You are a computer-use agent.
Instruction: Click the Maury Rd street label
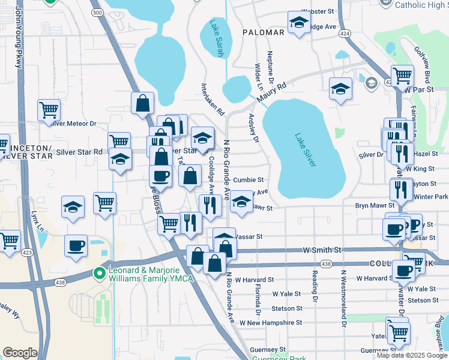click(271, 93)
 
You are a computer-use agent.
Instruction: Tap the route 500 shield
click(97, 12)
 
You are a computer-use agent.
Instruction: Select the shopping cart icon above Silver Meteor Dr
click(49, 110)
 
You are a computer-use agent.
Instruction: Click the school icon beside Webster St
click(298, 23)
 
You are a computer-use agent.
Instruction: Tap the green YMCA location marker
click(100, 273)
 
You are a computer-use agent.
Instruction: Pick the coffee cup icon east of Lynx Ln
click(76, 246)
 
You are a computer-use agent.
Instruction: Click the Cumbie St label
click(249, 179)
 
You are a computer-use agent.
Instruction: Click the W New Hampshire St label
click(271, 322)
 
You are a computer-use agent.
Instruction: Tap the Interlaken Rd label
click(212, 100)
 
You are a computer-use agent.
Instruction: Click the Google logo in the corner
click(20, 353)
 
